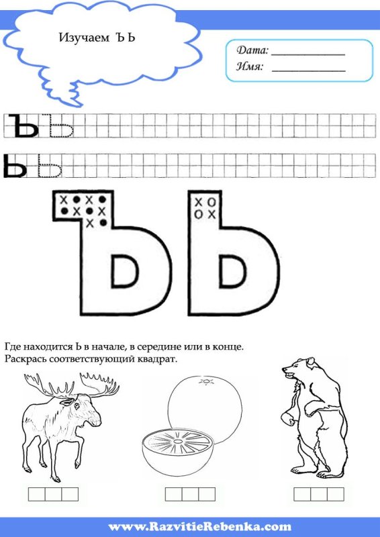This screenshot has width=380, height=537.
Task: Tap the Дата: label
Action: (252, 50)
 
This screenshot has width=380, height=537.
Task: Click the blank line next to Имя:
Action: (308, 71)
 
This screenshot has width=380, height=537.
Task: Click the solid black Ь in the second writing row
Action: (14, 166)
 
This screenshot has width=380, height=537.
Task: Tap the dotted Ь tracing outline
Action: (50, 166)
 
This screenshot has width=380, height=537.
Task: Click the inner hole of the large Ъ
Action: (125, 271)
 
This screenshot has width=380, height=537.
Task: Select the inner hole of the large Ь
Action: (233, 271)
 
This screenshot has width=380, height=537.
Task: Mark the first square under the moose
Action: (37, 494)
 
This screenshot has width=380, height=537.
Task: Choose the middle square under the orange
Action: (190, 494)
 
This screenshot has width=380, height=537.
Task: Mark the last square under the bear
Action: (336, 494)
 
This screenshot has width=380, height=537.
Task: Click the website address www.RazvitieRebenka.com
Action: (200, 526)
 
